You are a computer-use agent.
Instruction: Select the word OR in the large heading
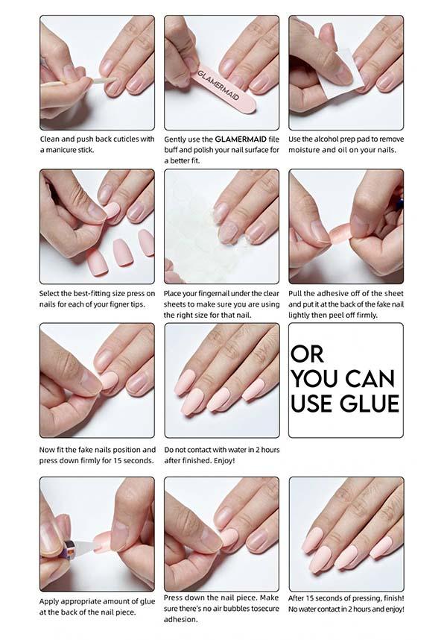point(308,353)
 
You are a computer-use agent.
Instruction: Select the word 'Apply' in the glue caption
point(50,600)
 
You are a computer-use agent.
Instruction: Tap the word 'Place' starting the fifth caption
point(175,293)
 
